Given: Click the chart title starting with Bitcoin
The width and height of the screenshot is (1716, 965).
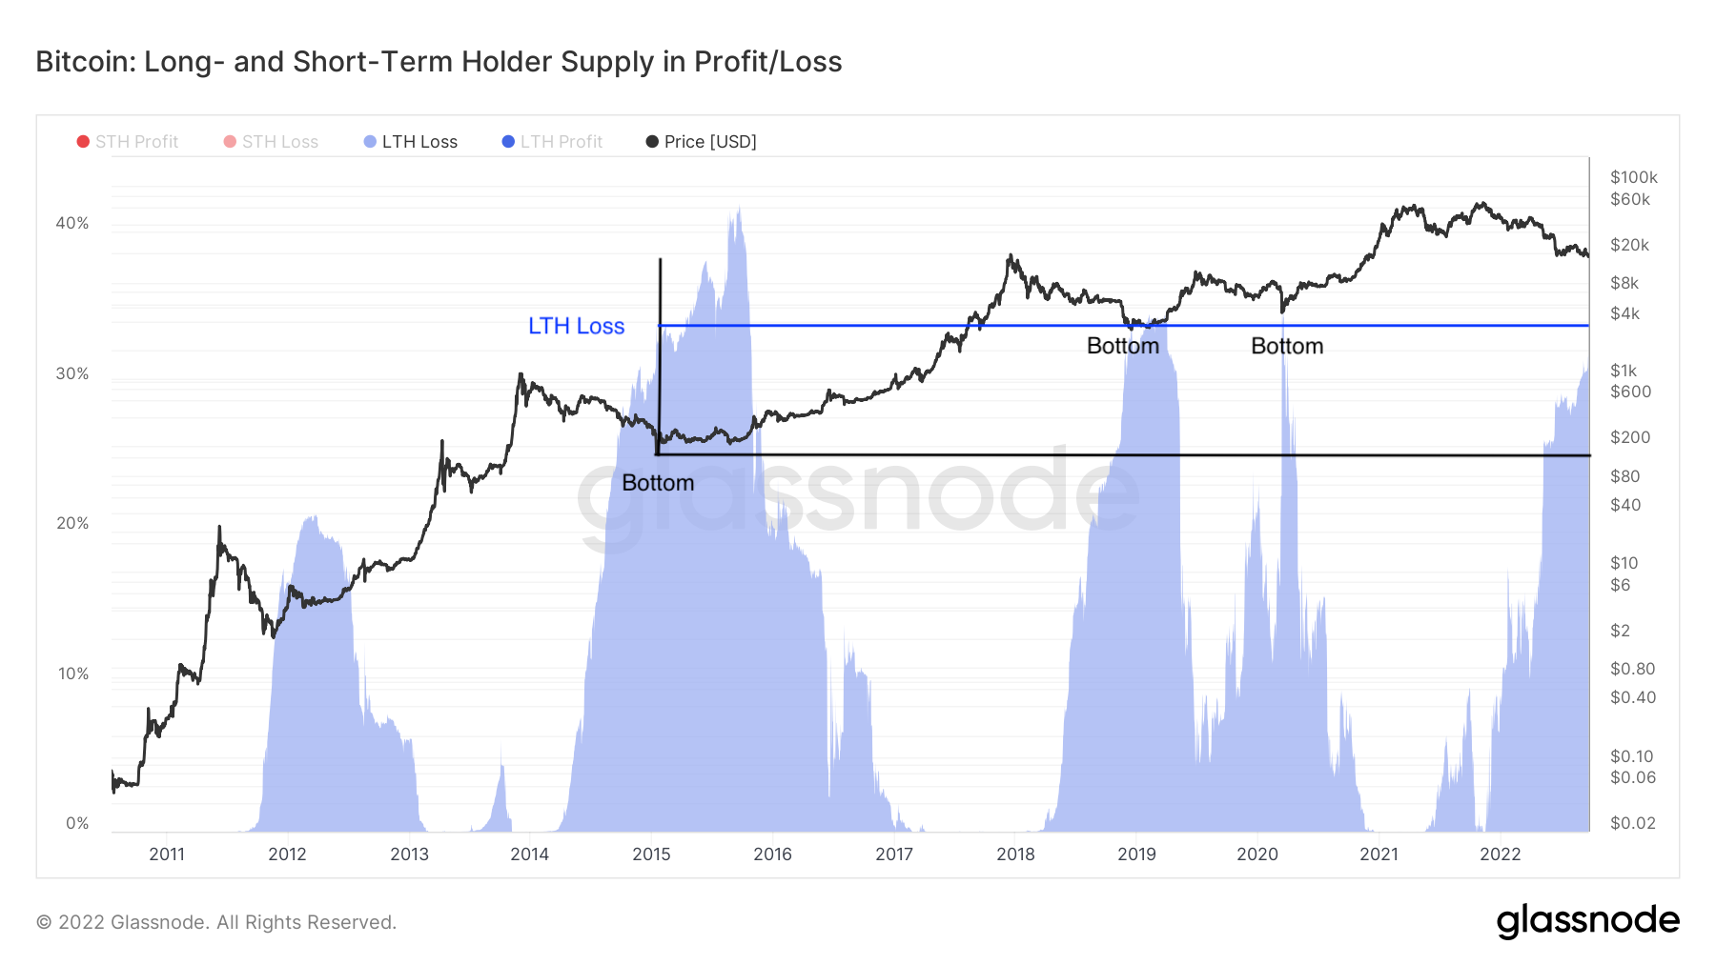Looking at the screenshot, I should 439,62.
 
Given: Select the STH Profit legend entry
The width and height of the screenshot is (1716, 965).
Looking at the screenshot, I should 128,142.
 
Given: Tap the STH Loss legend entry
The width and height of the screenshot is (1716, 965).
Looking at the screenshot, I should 272,142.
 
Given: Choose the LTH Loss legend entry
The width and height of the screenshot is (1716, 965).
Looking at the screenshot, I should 411,142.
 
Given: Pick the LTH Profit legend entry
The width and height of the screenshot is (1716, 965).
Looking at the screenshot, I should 553,142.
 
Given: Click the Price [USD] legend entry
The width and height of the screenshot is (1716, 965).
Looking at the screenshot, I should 702,142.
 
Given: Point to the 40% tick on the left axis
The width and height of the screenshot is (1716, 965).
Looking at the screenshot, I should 72,223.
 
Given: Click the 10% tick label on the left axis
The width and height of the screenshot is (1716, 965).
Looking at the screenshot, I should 72,673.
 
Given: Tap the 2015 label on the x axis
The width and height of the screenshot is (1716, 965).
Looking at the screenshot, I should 651,854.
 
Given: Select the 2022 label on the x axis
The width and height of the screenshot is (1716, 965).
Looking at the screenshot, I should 1500,854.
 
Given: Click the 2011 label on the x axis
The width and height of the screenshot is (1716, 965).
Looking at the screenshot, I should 167,854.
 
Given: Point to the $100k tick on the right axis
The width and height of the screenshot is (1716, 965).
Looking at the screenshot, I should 1633,177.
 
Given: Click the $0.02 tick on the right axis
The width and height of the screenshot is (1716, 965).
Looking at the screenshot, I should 1632,823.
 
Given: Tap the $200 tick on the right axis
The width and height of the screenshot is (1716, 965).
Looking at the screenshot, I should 1630,437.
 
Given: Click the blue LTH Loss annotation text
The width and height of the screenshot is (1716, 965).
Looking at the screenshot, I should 576,326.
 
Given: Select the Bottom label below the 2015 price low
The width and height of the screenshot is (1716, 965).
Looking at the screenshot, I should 658,483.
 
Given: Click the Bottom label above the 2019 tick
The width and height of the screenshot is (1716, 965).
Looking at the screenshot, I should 1123,346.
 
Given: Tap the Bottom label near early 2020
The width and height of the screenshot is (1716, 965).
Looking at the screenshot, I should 1287,346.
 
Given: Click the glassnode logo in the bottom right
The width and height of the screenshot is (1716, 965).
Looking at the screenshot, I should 1587,921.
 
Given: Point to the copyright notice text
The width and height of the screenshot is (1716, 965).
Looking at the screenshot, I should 216,922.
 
